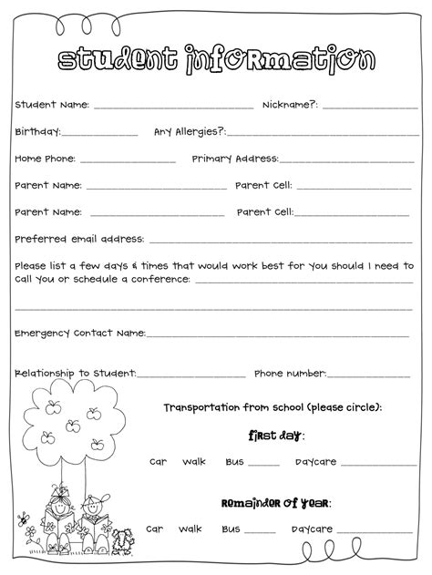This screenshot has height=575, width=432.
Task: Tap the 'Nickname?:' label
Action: pos(290,105)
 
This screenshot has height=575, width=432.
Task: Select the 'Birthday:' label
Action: pos(37,131)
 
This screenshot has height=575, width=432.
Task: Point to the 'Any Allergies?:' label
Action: pos(190,131)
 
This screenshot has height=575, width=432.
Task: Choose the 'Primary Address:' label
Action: pos(235,158)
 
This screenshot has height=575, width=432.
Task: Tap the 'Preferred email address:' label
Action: pos(79,239)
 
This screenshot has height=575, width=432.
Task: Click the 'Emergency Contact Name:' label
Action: pos(80,333)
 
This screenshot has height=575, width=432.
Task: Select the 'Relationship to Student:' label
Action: pos(76,373)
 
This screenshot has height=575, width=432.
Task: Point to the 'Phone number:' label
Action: pos(290,373)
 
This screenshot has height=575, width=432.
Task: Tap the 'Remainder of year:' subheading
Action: pos(276,502)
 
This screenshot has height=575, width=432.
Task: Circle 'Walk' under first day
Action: pos(194,461)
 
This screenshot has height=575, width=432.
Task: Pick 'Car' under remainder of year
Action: pos(154,529)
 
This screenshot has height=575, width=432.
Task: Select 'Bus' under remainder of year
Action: pos(230,529)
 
